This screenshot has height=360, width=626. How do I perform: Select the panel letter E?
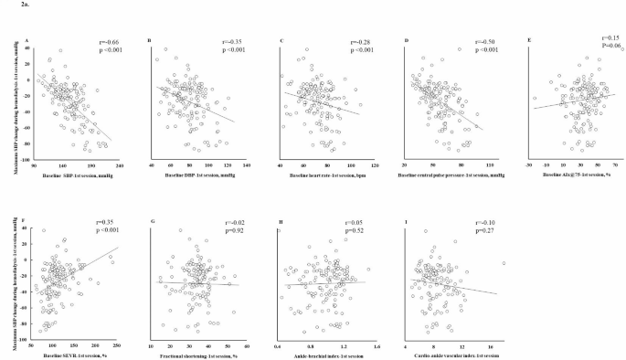tap(527, 39)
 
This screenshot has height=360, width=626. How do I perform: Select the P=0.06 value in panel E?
tap(591, 45)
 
